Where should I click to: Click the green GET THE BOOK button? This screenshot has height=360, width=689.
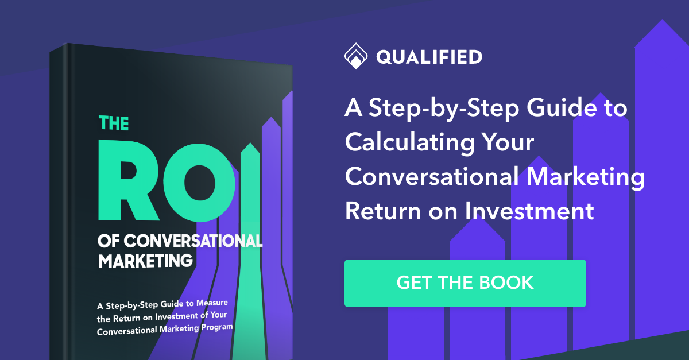point(465,283)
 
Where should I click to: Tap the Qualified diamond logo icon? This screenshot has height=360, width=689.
point(355,57)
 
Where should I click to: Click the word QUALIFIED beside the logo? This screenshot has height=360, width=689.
point(429,57)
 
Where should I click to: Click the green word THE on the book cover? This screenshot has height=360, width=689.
point(114,123)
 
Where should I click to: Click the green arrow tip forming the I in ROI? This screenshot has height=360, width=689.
point(250,151)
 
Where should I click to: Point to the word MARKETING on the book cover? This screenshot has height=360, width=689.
point(145,260)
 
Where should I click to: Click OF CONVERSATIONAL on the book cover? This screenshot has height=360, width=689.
point(180,241)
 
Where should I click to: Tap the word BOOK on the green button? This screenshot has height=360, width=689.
point(506,283)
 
